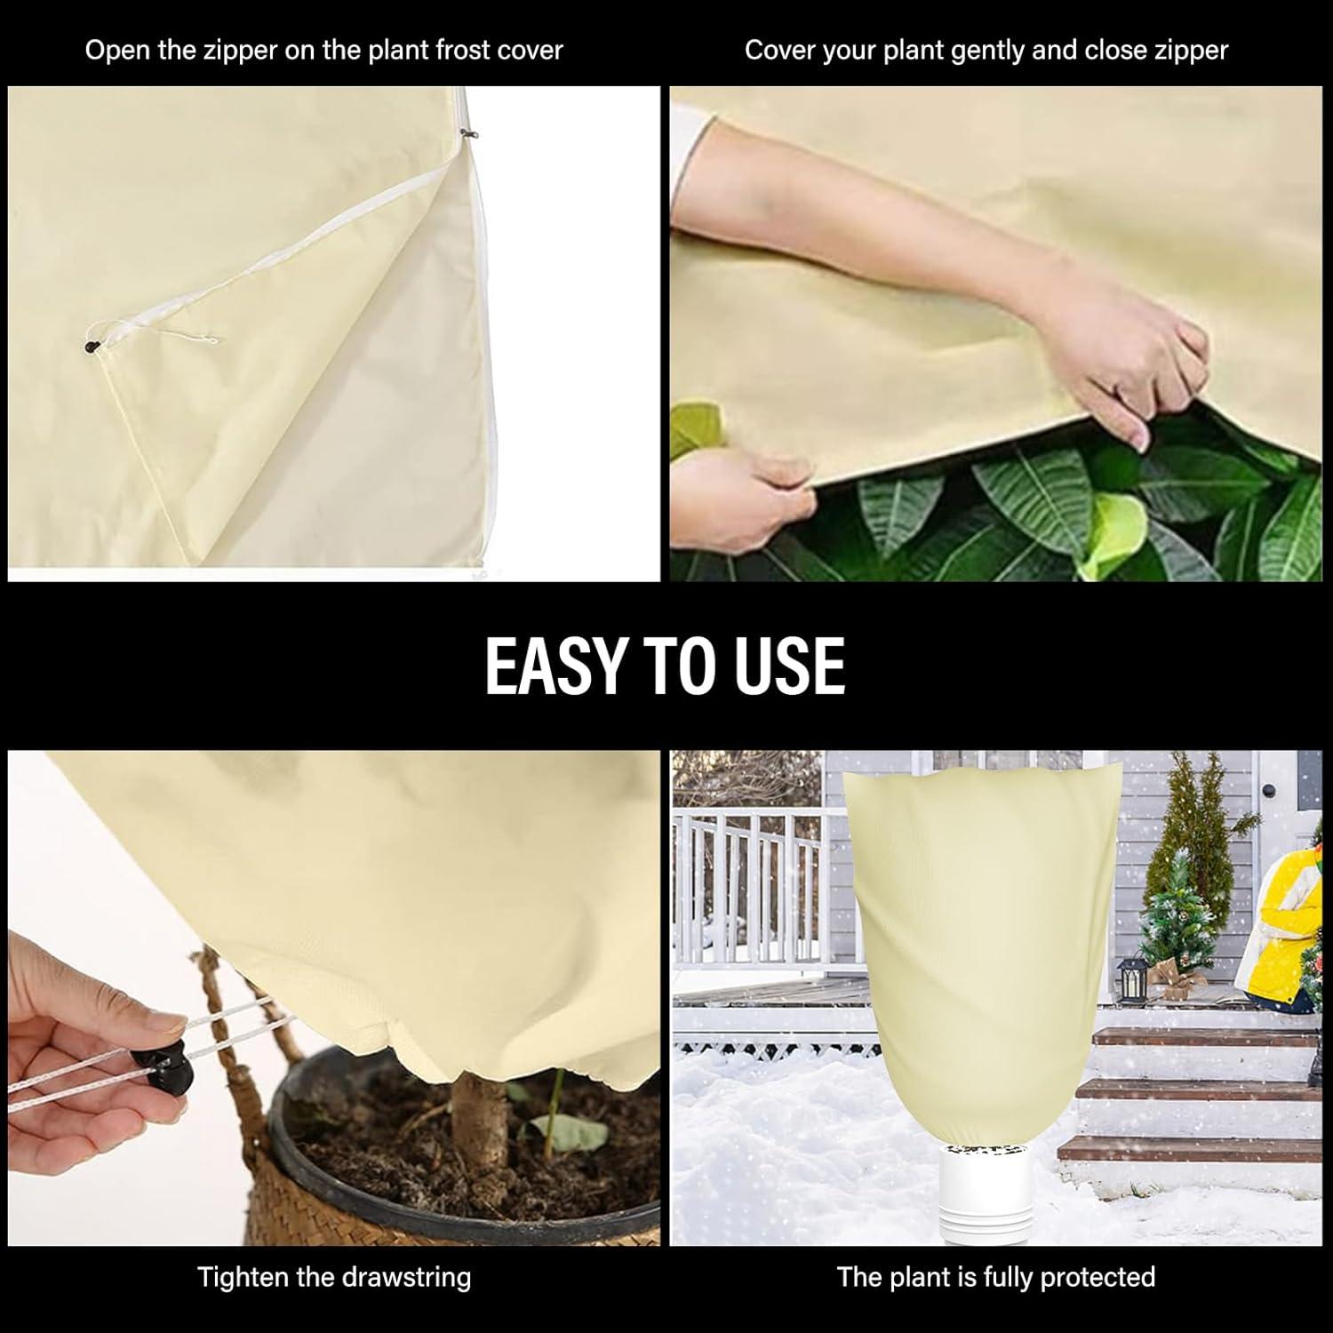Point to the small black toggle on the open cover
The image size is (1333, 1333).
coord(89,346)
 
